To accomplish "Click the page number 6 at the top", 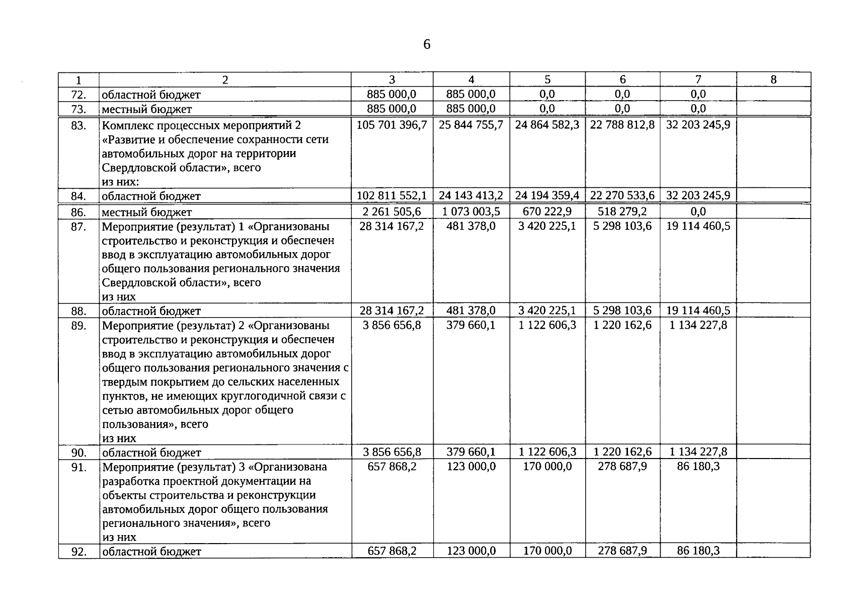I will [427, 45].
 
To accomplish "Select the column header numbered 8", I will [773, 80].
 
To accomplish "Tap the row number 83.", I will [79, 125].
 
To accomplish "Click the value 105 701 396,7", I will [391, 125].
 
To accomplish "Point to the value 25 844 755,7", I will [470, 125].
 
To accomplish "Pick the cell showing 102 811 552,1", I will [391, 195].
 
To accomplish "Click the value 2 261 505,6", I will [391, 211].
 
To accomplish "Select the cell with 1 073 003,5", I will [471, 211].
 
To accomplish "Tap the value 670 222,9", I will [547, 211].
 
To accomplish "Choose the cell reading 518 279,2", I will [622, 211].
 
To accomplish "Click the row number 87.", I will [79, 227].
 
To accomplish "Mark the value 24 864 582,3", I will [547, 125].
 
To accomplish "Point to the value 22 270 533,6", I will [622, 195].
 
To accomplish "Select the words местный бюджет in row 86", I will [146, 212].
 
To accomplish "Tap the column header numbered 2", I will [225, 80].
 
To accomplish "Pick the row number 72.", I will [79, 95].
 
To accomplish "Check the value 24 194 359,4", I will [547, 195].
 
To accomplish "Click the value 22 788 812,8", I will [622, 125].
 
